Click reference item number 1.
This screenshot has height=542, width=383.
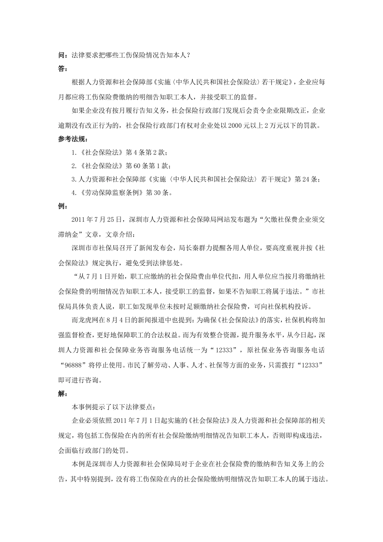pyautogui.click(x=73, y=152)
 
